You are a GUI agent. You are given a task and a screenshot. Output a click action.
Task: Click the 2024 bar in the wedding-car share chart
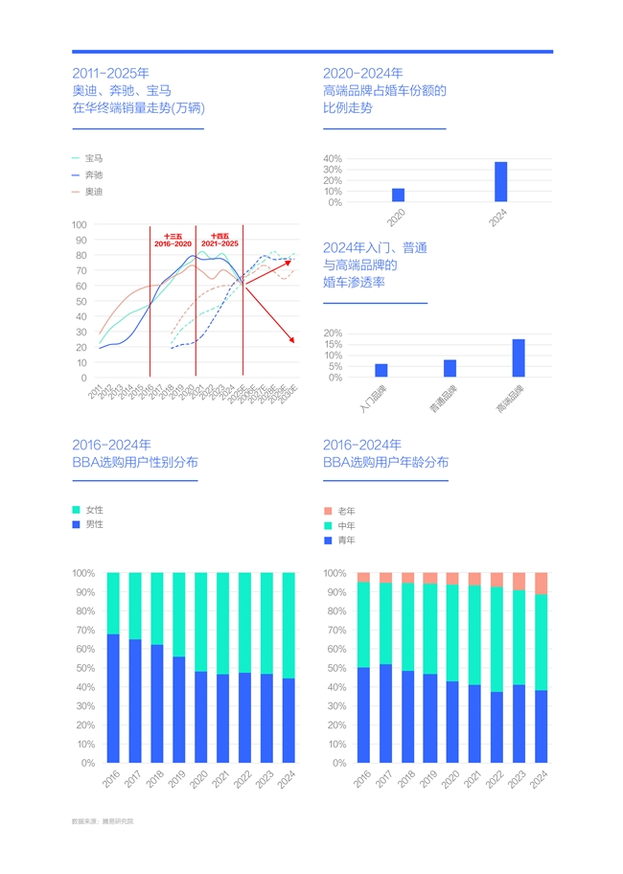500,182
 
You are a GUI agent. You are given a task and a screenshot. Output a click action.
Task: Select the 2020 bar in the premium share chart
398,195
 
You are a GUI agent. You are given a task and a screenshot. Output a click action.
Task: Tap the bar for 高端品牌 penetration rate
519,357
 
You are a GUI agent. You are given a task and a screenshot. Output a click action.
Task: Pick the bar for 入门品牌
381,370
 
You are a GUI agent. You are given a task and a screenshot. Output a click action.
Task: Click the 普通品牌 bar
450,368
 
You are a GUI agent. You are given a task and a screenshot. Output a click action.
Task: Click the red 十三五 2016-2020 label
173,241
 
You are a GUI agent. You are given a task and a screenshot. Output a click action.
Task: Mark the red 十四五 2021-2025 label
219,241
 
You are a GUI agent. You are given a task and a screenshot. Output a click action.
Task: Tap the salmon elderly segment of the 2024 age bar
541,584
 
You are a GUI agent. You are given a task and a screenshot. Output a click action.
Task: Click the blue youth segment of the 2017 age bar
385,713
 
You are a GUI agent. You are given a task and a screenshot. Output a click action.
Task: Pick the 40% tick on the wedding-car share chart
333,159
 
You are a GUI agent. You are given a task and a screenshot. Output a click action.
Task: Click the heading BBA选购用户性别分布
135,462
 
